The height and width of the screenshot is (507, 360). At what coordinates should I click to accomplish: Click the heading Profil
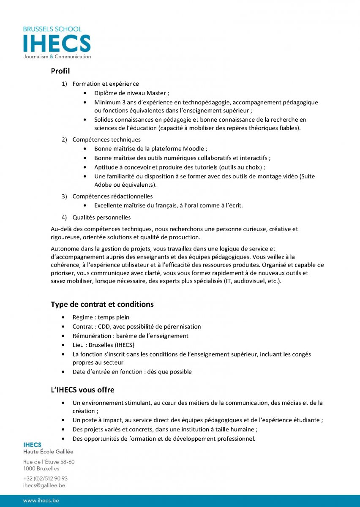(x=60, y=71)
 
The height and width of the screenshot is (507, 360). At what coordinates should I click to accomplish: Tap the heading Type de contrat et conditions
(x=102, y=304)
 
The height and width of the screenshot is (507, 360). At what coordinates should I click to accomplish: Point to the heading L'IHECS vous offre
(x=82, y=390)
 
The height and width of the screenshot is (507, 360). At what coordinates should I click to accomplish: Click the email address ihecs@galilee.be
(x=44, y=485)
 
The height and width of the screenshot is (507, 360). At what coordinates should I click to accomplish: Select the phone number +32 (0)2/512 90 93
(x=45, y=478)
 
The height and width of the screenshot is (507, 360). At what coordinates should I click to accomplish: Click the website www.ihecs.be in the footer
(x=41, y=501)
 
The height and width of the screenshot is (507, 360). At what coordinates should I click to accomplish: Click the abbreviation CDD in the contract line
(x=104, y=327)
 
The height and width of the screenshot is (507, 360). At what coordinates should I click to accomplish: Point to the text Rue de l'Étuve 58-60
(x=49, y=462)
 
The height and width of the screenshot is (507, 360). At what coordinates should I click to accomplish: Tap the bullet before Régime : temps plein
(x=63, y=317)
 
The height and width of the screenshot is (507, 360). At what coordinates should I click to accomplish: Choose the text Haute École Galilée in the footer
(x=48, y=452)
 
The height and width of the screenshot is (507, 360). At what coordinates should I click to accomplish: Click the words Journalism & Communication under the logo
(x=57, y=57)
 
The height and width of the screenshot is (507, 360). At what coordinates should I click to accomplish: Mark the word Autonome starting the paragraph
(x=64, y=249)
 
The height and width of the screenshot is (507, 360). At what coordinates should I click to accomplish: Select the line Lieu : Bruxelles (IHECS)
(x=103, y=345)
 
